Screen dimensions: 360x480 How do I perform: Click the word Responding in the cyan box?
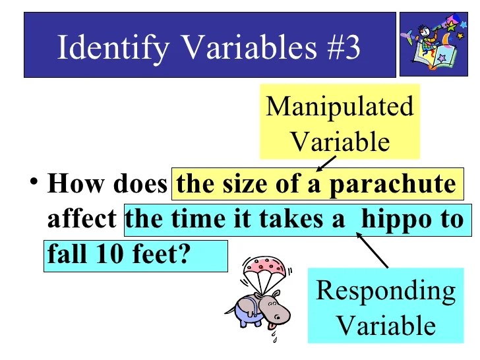click(386, 291)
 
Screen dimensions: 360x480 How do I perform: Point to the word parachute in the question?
click(392, 184)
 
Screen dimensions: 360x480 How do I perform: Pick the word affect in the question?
click(82, 219)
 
